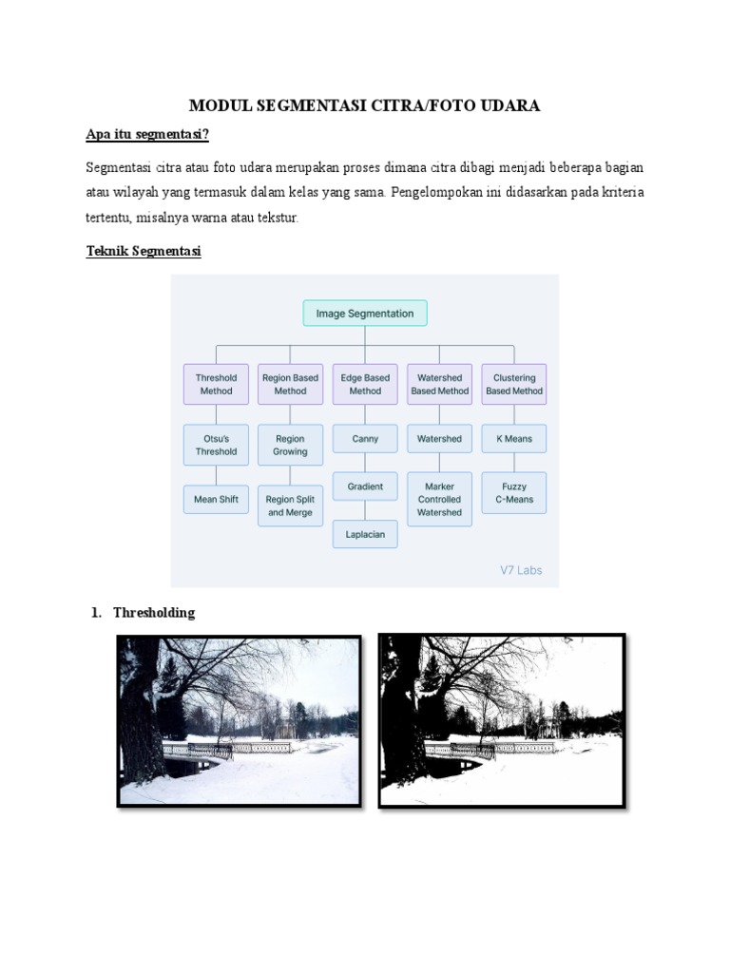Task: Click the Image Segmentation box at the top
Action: [365, 314]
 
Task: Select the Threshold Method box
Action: [216, 384]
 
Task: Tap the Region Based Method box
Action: [290, 384]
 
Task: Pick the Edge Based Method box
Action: [365, 384]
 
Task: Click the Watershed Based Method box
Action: [439, 384]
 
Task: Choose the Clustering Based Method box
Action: [514, 384]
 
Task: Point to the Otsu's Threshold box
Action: [216, 445]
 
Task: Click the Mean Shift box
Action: [216, 499]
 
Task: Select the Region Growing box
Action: [290, 445]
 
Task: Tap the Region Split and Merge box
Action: [290, 506]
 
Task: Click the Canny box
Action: [365, 439]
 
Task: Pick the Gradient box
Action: [365, 486]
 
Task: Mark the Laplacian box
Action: [365, 534]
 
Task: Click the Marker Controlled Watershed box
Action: [439, 499]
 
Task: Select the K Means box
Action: [514, 439]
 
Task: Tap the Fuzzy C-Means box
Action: [514, 493]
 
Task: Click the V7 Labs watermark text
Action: [521, 570]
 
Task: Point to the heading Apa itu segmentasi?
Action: [146, 135]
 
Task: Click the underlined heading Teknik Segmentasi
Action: [143, 252]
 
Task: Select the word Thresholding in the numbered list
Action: [153, 613]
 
